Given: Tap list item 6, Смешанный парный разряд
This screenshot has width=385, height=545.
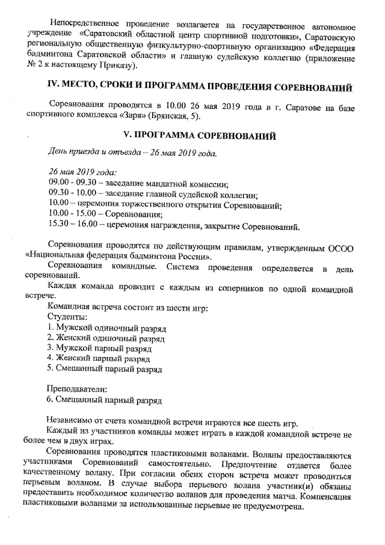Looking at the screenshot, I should click(104, 398).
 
